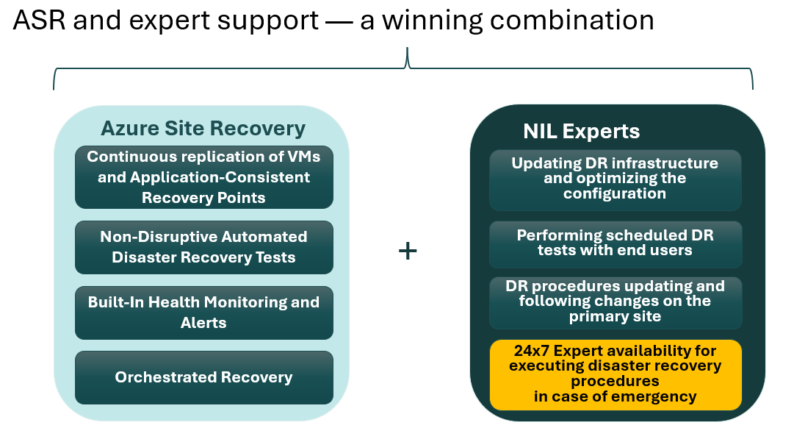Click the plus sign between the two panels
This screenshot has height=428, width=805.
click(408, 252)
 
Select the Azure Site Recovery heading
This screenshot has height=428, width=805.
click(203, 129)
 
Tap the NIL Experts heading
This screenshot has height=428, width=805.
click(582, 132)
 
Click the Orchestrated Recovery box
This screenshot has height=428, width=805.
click(203, 378)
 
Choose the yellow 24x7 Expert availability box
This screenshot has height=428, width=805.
click(616, 374)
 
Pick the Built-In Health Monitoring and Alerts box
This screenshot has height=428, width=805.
click(203, 313)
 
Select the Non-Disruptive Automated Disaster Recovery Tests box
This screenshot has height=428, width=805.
click(203, 247)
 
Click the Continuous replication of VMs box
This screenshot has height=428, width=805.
click(203, 177)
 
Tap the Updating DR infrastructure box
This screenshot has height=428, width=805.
click(616, 180)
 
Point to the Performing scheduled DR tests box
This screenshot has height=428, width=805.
click(616, 244)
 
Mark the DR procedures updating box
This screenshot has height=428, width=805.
click(616, 303)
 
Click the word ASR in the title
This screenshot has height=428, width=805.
click(39, 21)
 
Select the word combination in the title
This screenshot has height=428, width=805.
click(572, 21)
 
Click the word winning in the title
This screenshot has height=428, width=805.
click(433, 21)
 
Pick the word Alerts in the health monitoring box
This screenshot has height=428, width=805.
click(203, 323)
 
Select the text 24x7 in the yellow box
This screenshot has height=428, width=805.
click(532, 351)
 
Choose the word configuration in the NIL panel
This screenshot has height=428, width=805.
click(615, 193)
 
